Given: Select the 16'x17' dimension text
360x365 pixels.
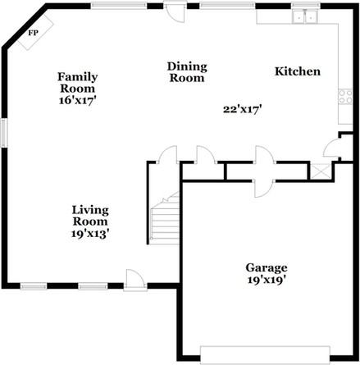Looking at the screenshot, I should tap(77, 98).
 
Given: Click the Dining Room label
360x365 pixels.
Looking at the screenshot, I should tap(187, 72).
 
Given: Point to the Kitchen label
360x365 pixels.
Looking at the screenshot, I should tap(297, 72).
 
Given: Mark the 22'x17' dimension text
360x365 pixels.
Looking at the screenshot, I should tap(242, 109).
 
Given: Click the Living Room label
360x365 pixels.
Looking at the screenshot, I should tap(90, 215).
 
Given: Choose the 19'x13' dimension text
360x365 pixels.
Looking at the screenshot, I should tap(90, 233).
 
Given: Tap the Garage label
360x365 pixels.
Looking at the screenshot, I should tap(267, 267).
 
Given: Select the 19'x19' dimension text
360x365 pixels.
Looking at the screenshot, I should tap(267, 280).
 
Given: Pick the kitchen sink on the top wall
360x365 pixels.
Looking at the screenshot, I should tap(308, 16).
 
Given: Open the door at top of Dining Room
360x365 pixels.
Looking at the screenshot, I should tap(174, 12).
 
